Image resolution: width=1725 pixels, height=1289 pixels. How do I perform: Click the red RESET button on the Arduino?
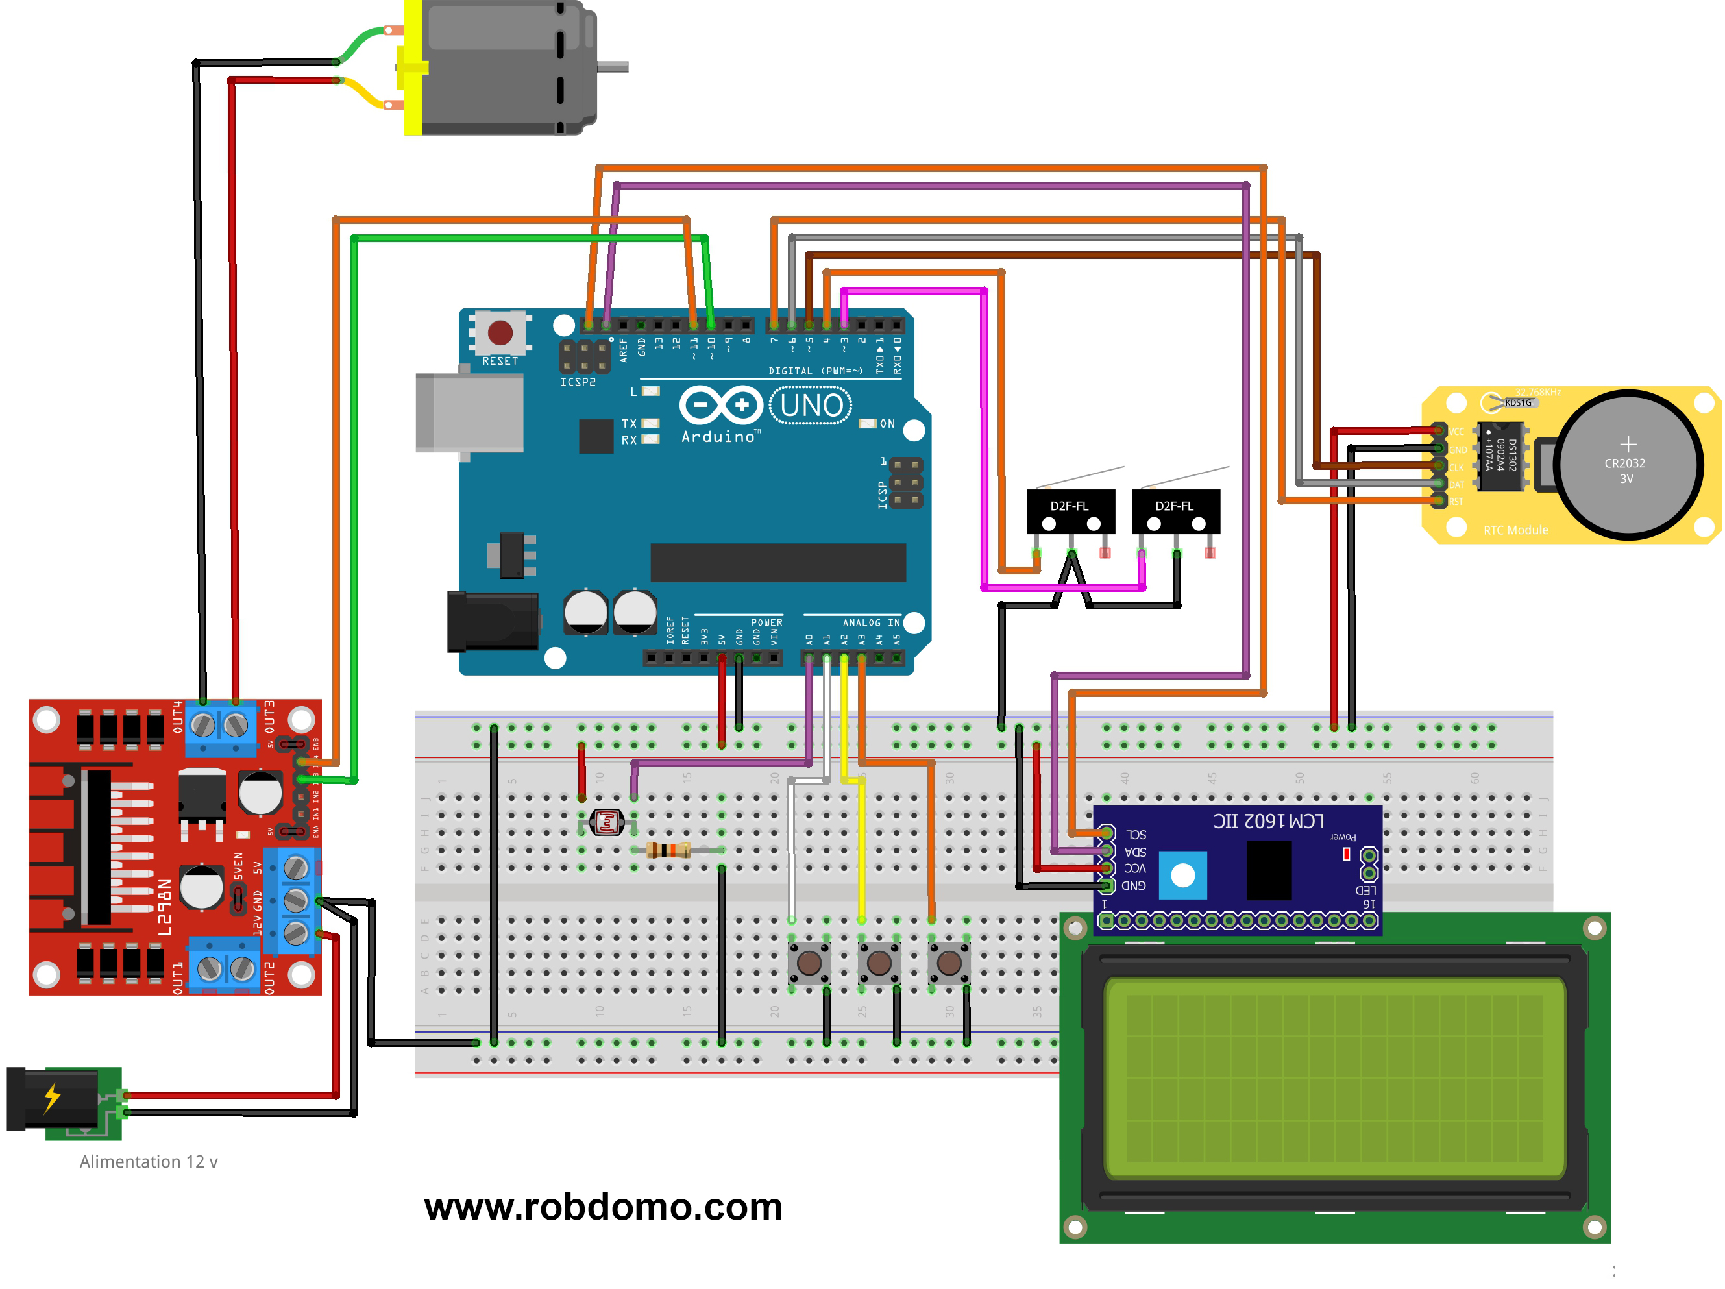[x=500, y=333]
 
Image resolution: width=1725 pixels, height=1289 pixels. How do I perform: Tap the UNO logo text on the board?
[x=811, y=406]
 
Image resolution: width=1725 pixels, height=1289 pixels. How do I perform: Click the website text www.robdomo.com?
[x=603, y=1207]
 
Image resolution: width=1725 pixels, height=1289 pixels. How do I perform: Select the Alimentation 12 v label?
[x=148, y=1161]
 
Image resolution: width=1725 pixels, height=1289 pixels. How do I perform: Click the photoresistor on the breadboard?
[x=607, y=822]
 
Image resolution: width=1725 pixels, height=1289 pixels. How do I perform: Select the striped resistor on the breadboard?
[x=669, y=850]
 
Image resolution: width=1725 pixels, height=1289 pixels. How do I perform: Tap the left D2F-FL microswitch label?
[x=1069, y=506]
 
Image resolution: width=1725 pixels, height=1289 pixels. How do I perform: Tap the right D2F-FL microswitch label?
[x=1175, y=506]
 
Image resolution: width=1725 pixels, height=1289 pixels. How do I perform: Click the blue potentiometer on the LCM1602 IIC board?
[x=1182, y=875]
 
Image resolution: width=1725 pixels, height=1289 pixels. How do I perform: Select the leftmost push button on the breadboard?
[x=809, y=963]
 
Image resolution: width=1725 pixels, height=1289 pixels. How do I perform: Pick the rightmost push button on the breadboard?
[x=949, y=963]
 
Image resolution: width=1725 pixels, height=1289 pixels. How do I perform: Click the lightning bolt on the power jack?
[x=51, y=1097]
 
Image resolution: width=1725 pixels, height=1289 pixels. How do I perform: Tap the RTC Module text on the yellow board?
[x=1515, y=530]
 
